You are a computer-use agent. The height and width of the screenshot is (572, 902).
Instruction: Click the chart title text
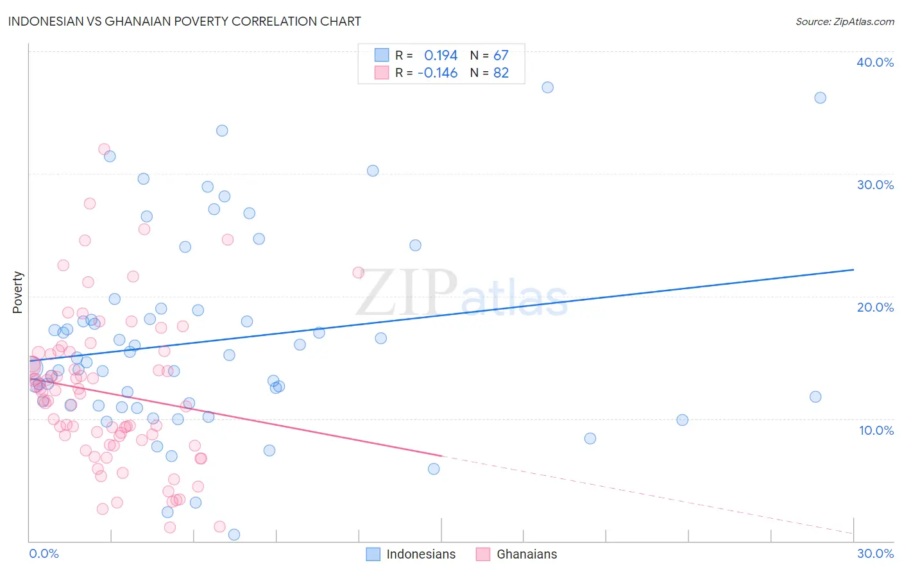tap(184, 21)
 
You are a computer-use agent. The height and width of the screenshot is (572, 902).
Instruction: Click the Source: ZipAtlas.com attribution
tap(844, 22)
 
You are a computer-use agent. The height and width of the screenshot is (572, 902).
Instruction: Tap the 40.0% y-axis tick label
tap(874, 62)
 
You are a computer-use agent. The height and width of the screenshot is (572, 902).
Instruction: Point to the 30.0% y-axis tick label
tap(874, 185)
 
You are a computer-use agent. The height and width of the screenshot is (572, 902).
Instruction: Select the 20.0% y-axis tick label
tap(874, 307)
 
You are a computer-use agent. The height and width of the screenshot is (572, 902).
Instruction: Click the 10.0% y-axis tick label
tap(876, 430)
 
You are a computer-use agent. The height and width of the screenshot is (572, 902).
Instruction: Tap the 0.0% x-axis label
tap(44, 553)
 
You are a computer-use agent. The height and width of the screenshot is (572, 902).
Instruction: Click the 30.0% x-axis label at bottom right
tap(875, 553)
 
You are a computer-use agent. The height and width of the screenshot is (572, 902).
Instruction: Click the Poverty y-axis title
tap(17, 292)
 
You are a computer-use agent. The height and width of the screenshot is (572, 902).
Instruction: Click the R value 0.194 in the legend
tap(441, 56)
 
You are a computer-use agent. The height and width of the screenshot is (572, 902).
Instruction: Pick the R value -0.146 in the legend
tap(438, 73)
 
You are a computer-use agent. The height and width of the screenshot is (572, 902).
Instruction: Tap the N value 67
tap(500, 56)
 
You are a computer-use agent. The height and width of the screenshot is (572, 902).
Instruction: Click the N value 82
tap(500, 73)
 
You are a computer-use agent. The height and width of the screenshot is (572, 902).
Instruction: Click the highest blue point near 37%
tap(547, 87)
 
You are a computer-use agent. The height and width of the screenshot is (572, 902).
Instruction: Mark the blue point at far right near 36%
tap(820, 98)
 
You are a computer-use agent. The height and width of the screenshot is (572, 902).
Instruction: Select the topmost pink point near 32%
tap(104, 149)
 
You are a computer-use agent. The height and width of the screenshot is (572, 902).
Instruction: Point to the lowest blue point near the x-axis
tap(234, 535)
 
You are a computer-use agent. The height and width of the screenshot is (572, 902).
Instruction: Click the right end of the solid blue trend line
tap(853, 270)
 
